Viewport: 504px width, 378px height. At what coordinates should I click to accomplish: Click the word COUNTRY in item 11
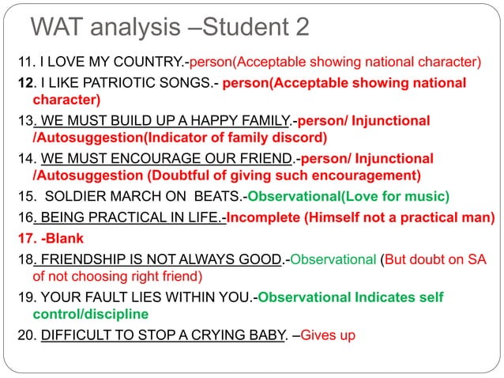coord(136,62)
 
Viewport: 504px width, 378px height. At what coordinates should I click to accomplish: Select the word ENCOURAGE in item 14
coord(152,157)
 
